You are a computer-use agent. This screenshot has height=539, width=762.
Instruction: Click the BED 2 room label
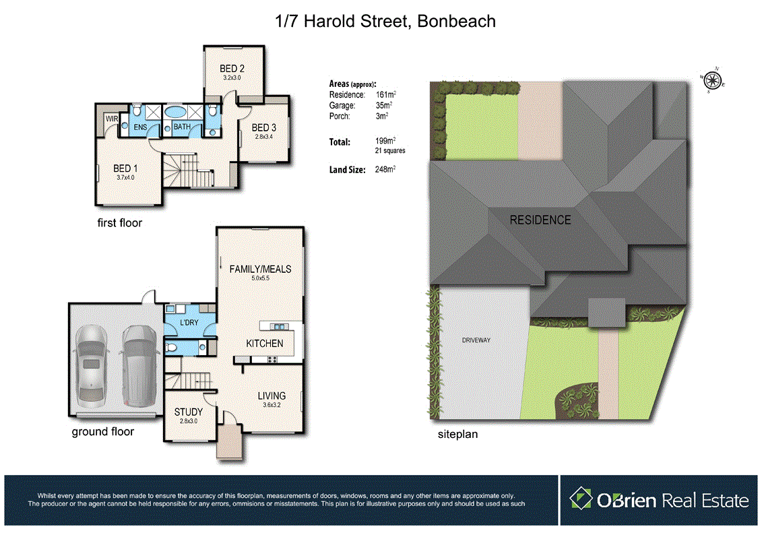(x=231, y=68)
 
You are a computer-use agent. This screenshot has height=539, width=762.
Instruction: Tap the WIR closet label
(x=111, y=119)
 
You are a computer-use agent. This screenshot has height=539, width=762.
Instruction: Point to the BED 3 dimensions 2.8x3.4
(x=264, y=137)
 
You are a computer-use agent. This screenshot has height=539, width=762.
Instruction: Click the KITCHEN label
(x=265, y=344)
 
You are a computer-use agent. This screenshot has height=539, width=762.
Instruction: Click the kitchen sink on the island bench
(x=277, y=327)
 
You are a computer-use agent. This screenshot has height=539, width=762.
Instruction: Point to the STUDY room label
(x=189, y=412)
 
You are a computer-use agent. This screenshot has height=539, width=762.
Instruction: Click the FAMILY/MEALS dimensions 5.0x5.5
(x=260, y=278)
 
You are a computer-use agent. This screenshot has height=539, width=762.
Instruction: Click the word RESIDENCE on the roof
(x=540, y=220)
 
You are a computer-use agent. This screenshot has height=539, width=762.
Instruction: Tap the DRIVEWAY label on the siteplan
(x=476, y=340)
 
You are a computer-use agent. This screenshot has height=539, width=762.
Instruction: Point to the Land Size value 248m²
(x=384, y=170)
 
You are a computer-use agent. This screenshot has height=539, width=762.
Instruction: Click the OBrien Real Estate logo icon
(x=580, y=499)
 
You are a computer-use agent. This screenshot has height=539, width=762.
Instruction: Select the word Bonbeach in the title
(x=456, y=21)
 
